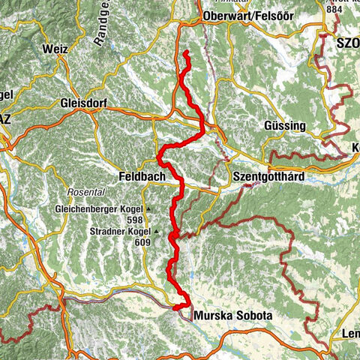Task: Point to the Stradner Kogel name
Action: (118, 232)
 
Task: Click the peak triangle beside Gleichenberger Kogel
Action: (149, 208)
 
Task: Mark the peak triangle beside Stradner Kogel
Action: (155, 232)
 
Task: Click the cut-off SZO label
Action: (348, 43)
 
